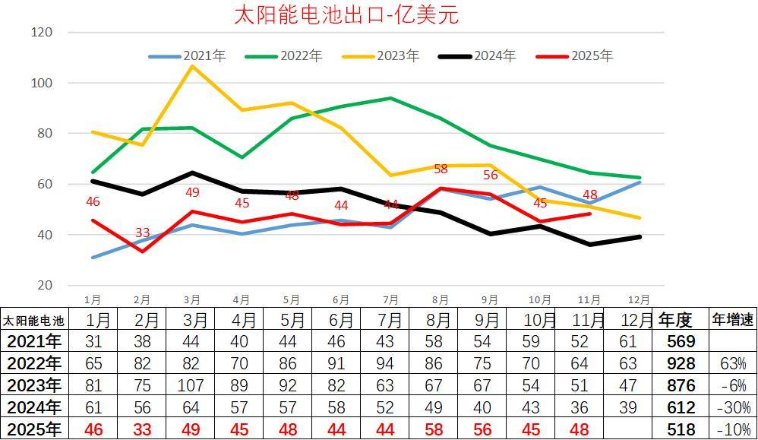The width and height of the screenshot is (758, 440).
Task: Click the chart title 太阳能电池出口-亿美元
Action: pos(346,15)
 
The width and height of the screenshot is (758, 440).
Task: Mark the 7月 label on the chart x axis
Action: pos(390,300)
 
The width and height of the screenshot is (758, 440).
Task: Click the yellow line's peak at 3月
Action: pos(192,66)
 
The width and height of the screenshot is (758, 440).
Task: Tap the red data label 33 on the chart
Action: pos(142,233)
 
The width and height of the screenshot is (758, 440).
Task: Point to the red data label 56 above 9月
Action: pos(490,175)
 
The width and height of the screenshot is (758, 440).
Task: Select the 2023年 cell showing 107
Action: pos(191,385)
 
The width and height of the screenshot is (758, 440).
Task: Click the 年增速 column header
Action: pos(732,319)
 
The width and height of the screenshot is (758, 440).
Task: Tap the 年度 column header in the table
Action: pos(675,319)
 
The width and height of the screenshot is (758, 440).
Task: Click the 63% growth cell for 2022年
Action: pos(732,363)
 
